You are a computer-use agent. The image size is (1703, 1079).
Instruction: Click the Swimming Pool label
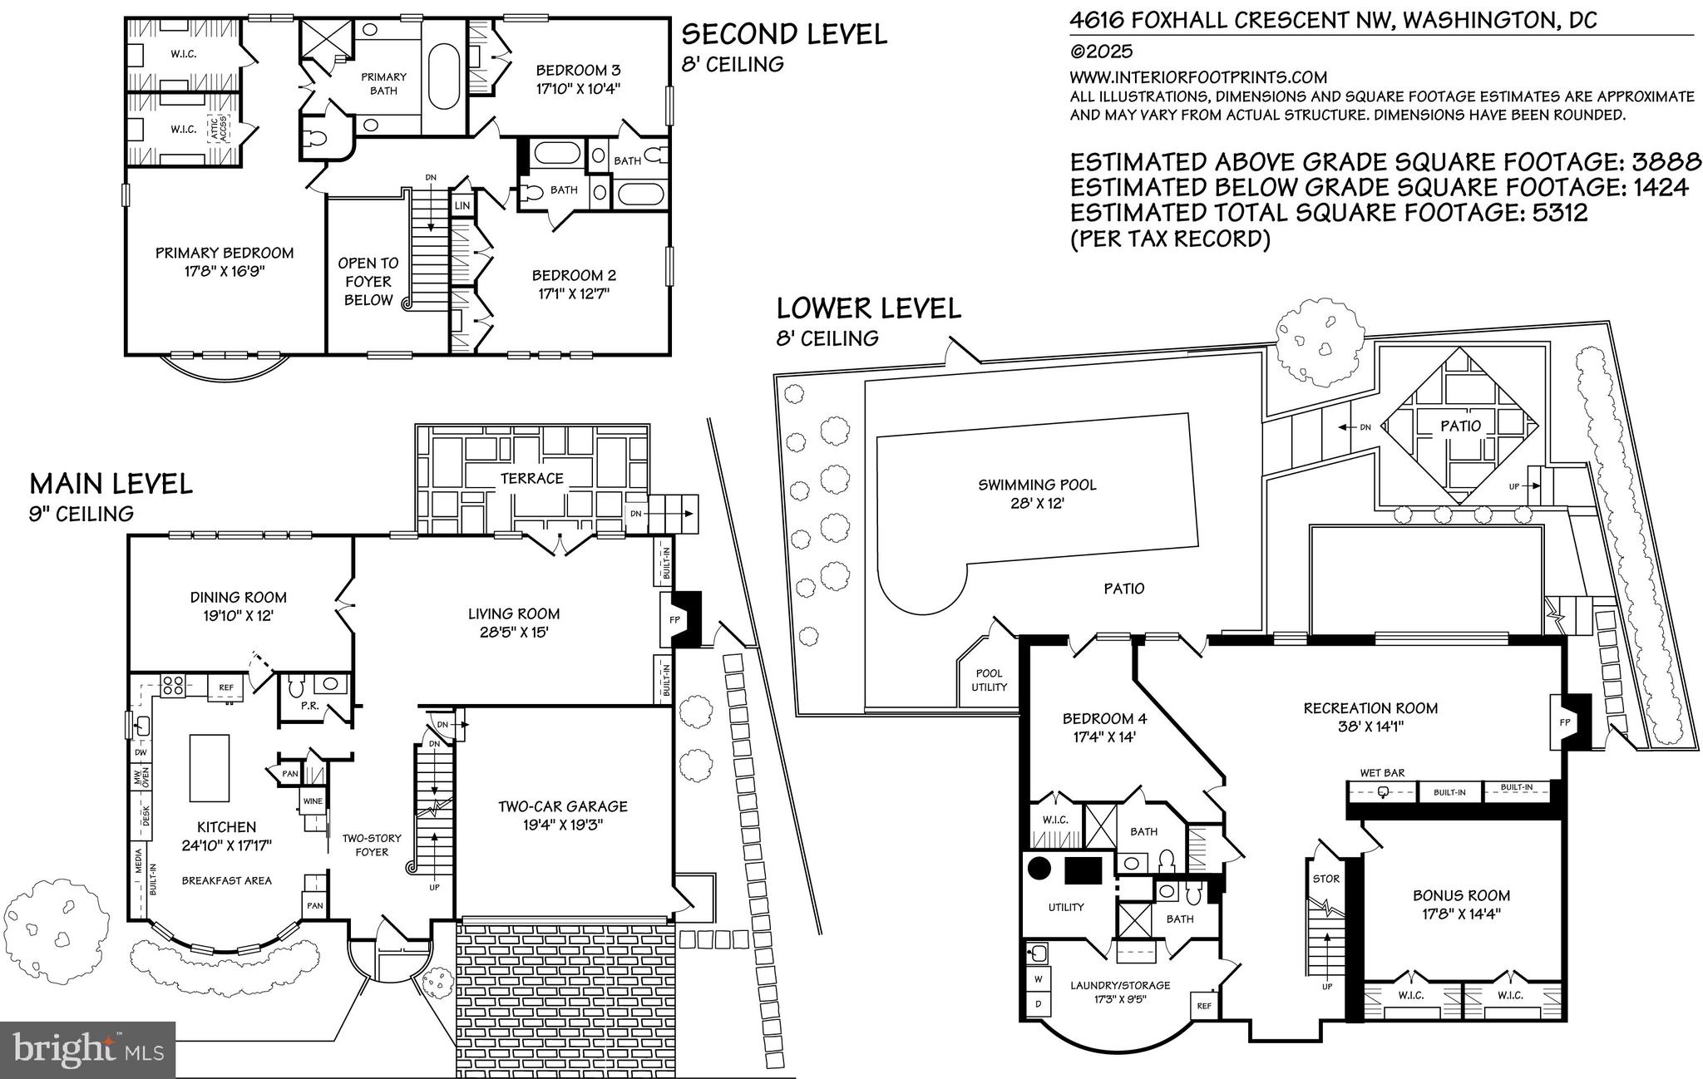click(1037, 485)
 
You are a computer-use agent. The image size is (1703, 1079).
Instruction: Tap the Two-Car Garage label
click(563, 806)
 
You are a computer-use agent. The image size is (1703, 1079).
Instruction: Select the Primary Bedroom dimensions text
click(225, 271)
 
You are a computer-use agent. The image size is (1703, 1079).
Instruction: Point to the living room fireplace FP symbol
click(674, 620)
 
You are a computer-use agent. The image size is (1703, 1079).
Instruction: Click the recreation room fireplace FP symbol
click(1565, 722)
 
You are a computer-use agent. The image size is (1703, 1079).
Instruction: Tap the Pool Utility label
click(989, 680)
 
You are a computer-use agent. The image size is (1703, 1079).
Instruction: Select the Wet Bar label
click(1382, 772)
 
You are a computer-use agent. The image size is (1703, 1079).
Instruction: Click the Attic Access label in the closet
click(222, 131)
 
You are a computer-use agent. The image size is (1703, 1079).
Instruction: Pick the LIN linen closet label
click(462, 205)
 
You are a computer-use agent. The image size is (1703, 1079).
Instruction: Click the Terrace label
click(532, 478)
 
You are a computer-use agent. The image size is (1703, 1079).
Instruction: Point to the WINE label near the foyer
click(313, 801)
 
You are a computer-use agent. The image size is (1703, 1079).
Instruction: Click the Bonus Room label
click(1461, 895)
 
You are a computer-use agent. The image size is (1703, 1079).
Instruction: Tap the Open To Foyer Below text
click(368, 281)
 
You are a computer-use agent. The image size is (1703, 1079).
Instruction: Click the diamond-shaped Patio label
click(1461, 426)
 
